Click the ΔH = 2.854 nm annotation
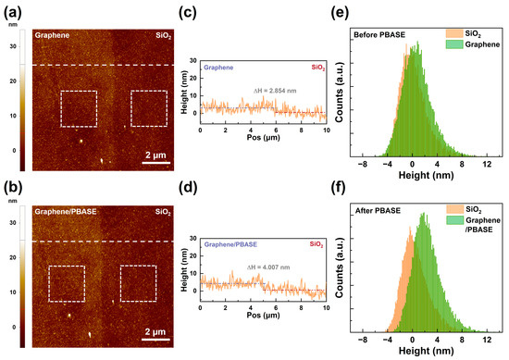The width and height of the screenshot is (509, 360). pyautogui.click(x=267, y=89)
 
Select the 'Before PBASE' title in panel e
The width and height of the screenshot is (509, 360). pyautogui.click(x=376, y=34)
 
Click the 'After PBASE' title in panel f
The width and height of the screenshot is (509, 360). pyautogui.click(x=373, y=213)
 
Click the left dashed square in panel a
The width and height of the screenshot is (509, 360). pyautogui.click(x=79, y=108)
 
